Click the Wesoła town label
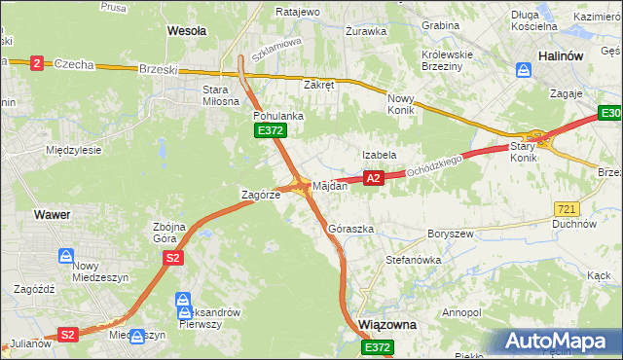pos(187,31)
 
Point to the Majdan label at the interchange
pos(330,185)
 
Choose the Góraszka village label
pos(351,229)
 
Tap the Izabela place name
pos(380,155)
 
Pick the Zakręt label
pos(318,85)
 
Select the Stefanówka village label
pos(414,261)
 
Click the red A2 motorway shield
pos(374,178)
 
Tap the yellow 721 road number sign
pos(567,209)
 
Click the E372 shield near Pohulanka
pos(269,130)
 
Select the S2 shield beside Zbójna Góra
pos(173,258)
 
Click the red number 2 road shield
pos(37,63)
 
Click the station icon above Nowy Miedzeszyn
pos(65,257)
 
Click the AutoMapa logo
pos(559,341)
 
